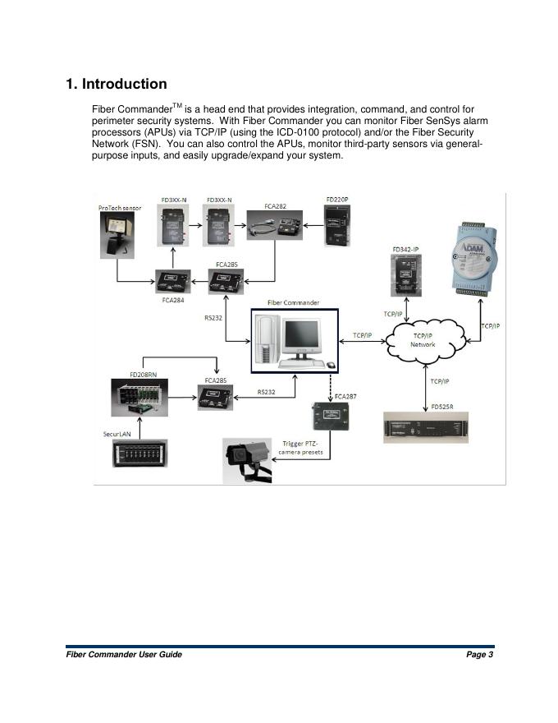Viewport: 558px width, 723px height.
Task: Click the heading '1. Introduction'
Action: pos(117,85)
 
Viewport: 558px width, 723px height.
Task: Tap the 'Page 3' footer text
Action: pos(479,654)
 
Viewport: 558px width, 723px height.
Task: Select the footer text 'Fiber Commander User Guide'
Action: pos(124,654)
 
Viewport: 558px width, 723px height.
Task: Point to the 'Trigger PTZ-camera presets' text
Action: pos(302,447)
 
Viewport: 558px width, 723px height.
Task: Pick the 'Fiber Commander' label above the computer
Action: pos(293,302)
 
